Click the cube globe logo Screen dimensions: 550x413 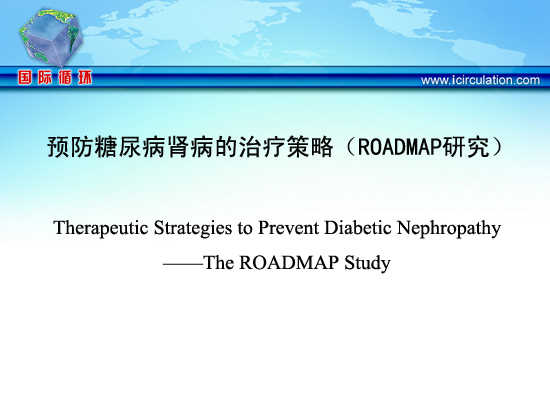(50, 37)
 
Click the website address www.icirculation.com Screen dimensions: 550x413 (480, 80)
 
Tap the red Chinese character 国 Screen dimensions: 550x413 (25, 77)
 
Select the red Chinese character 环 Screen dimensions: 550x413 (85, 77)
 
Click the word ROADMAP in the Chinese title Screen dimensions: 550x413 (399, 147)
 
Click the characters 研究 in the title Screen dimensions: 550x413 (465, 147)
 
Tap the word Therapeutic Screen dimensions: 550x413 (101, 228)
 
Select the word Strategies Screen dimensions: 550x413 (193, 228)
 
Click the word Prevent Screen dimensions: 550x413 (289, 227)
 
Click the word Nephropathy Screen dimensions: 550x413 (449, 228)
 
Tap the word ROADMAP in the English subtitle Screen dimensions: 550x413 (289, 262)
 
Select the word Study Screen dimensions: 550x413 (367, 263)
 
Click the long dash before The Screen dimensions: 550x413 (183, 264)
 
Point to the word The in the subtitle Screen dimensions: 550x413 (218, 262)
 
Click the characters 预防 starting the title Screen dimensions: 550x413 (71, 147)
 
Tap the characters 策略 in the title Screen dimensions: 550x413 (309, 147)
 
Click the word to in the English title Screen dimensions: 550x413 (245, 228)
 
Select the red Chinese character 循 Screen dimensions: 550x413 (65, 77)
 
